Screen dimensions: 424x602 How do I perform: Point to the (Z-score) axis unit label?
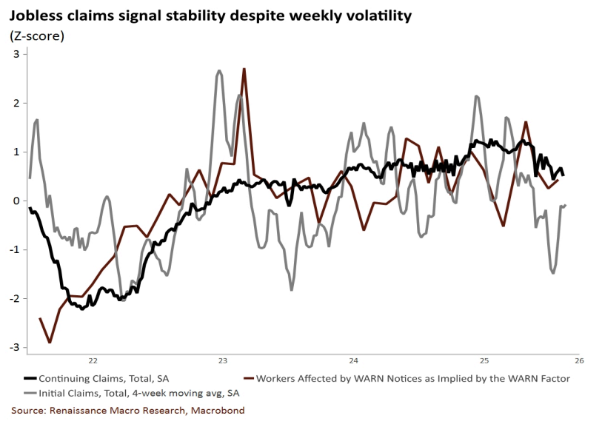pyautogui.click(x=36, y=35)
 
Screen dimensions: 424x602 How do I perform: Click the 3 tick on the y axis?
pyautogui.click(x=16, y=54)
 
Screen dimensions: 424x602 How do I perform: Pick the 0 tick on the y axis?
pyautogui.click(x=16, y=201)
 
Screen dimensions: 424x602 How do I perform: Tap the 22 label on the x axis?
pyautogui.click(x=93, y=361)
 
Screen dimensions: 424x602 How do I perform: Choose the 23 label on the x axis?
pyautogui.click(x=223, y=361)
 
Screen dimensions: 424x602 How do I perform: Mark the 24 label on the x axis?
pyautogui.click(x=353, y=361)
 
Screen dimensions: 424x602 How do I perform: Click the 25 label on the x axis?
pyautogui.click(x=484, y=361)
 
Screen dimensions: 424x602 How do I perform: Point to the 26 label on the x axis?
pyautogui.click(x=578, y=361)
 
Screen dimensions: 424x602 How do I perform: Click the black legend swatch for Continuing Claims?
pyautogui.click(x=30, y=379)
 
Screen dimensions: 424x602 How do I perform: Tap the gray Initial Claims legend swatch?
pyautogui.click(x=30, y=393)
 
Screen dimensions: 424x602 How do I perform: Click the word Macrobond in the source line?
pyautogui.click(x=220, y=410)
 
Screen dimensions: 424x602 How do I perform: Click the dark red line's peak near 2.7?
pyautogui.click(x=244, y=69)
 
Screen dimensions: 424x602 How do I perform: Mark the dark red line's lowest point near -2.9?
pyautogui.click(x=50, y=342)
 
